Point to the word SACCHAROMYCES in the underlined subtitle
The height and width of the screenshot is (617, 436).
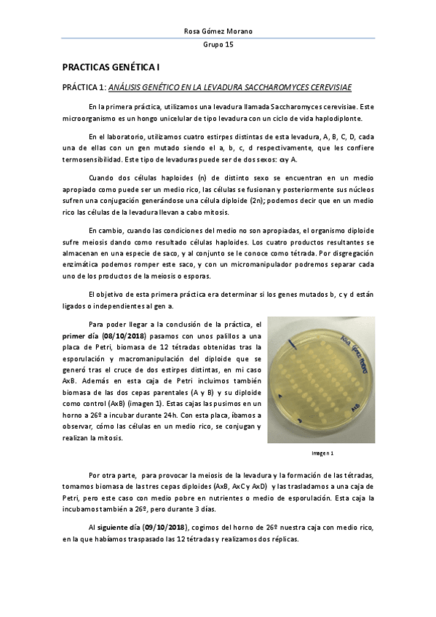pyautogui.click(x=282, y=88)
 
